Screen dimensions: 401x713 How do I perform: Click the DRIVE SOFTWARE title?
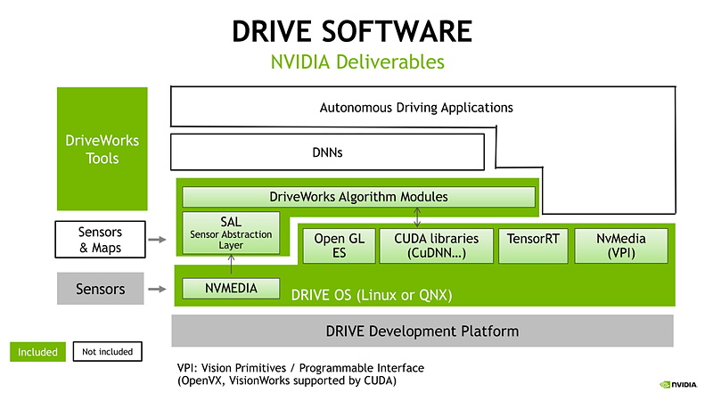click(x=351, y=30)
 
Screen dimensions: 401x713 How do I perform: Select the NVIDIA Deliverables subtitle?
click(x=357, y=62)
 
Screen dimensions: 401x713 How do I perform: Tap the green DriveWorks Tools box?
click(x=102, y=149)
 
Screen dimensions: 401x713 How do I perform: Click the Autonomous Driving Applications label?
click(x=416, y=108)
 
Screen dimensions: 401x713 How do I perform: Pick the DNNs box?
click(x=328, y=152)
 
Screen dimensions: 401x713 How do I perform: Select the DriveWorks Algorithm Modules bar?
click(x=358, y=196)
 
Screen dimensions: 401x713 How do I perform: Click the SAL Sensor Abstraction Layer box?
click(x=231, y=233)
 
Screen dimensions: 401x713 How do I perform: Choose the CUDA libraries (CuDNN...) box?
click(x=436, y=245)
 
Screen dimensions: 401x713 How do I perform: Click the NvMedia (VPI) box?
click(x=621, y=245)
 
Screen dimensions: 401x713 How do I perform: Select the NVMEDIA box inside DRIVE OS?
click(x=231, y=289)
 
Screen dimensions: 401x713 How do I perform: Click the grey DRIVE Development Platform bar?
click(x=422, y=331)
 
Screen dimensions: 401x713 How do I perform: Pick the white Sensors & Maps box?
click(x=101, y=240)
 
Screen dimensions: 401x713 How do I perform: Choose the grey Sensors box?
click(x=101, y=289)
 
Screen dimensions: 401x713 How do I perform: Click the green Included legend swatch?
click(x=37, y=352)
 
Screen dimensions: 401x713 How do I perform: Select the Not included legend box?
click(x=107, y=352)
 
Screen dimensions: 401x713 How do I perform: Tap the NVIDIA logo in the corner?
click(x=678, y=385)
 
